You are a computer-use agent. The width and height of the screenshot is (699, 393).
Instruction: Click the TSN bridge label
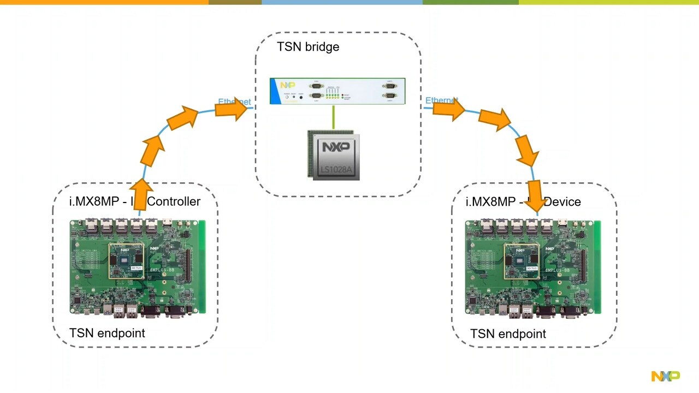point(308,47)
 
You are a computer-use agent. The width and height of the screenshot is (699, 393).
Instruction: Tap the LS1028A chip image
point(333,155)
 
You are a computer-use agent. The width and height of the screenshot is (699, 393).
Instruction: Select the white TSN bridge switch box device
point(337,91)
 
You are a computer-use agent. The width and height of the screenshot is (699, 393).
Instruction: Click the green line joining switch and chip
point(333,117)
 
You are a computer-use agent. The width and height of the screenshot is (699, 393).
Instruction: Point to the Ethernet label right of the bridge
point(440,100)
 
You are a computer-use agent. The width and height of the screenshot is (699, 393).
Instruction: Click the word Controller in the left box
point(174,201)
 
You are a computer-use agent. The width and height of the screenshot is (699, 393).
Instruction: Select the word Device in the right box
point(562,202)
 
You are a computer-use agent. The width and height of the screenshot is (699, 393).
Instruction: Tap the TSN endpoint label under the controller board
point(107,333)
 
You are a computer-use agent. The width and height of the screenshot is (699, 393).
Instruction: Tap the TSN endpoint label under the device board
point(508,334)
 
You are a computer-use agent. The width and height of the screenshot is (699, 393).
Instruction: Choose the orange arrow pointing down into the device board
point(535,196)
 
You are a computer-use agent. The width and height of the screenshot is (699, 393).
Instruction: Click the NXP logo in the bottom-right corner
point(665,376)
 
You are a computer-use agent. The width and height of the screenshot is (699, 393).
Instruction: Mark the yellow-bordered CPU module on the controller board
point(127,261)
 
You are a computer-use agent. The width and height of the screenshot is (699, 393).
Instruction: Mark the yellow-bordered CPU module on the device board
point(522,261)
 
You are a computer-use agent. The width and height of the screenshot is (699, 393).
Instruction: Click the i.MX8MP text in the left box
point(94,201)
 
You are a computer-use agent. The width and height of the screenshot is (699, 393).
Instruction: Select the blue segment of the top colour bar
point(342,2)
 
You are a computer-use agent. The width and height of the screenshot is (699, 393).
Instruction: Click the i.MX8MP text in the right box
point(490,202)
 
